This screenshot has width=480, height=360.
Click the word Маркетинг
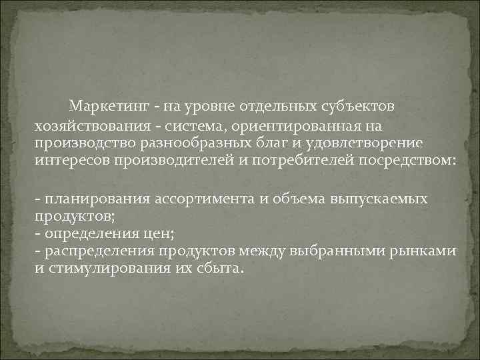point(108,106)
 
